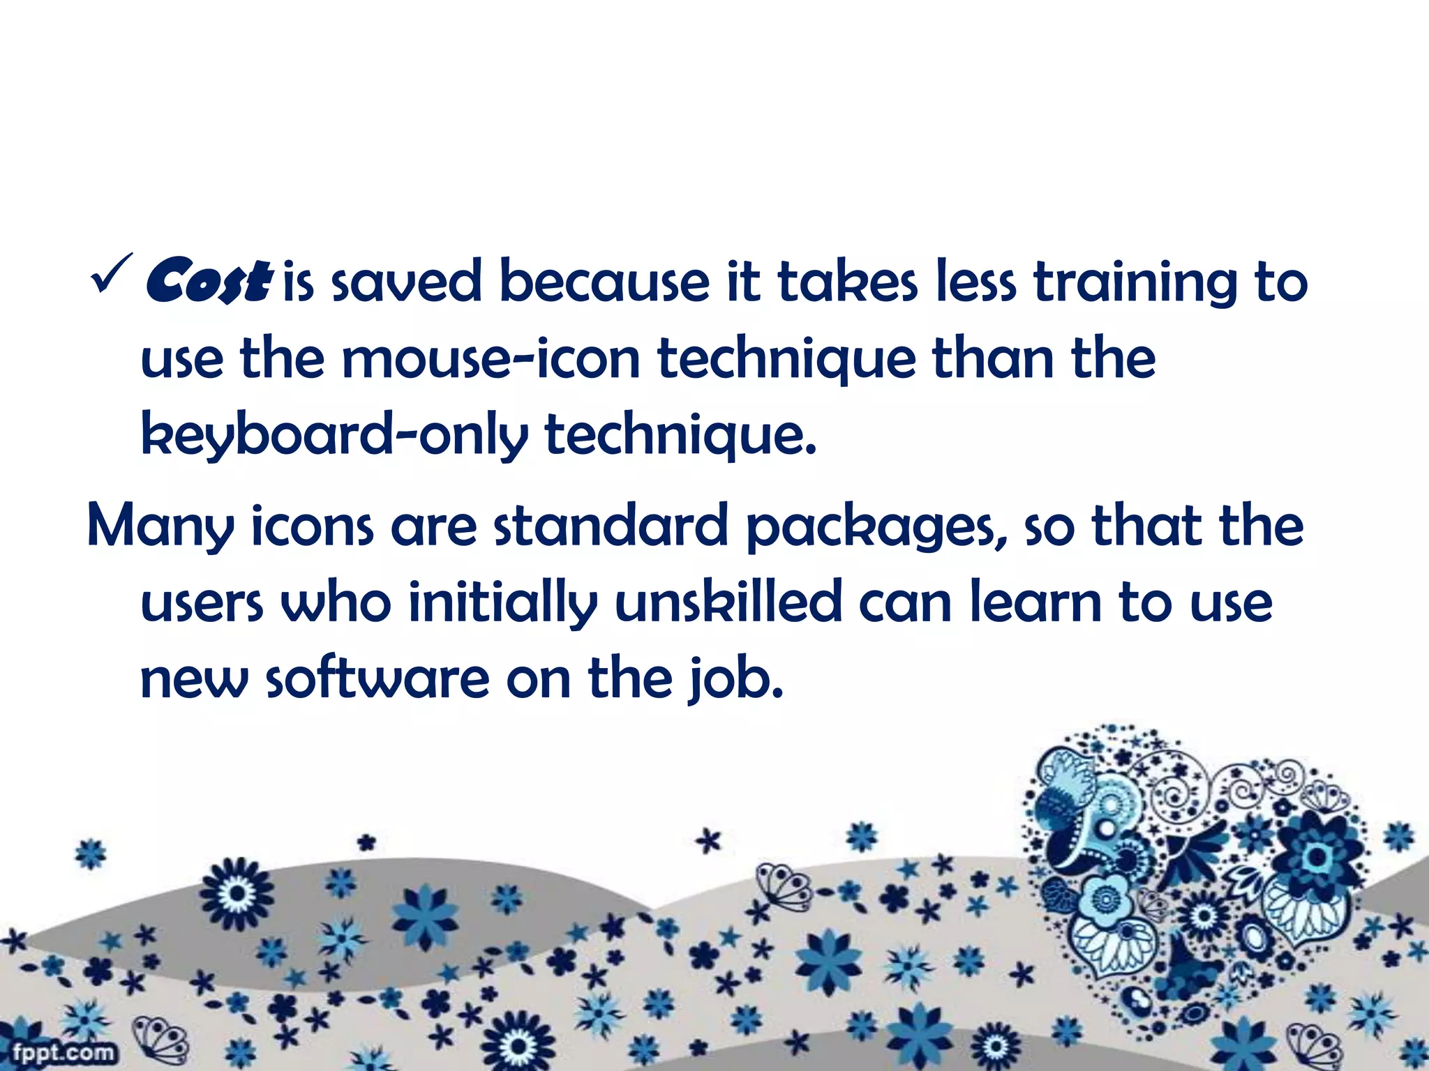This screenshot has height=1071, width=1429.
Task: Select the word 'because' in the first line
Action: point(604,282)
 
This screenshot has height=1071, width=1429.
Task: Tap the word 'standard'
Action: point(611,526)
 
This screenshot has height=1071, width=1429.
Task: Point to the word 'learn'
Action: point(1036,602)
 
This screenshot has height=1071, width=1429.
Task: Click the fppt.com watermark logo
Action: point(62,1052)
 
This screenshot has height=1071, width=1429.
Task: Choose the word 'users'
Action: point(202,604)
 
